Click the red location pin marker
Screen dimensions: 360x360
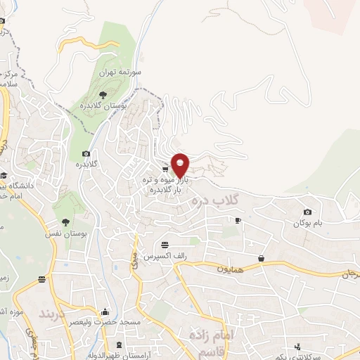point(180,164)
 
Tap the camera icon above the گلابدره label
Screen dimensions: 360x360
point(86,154)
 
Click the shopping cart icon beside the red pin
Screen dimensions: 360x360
point(165,169)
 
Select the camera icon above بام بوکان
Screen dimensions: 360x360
point(307,212)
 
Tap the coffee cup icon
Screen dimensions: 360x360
point(238,220)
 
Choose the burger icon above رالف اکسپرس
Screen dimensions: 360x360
point(165,245)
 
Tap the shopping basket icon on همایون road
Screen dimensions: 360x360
point(262,258)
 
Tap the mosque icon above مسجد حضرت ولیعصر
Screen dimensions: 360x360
point(105,312)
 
